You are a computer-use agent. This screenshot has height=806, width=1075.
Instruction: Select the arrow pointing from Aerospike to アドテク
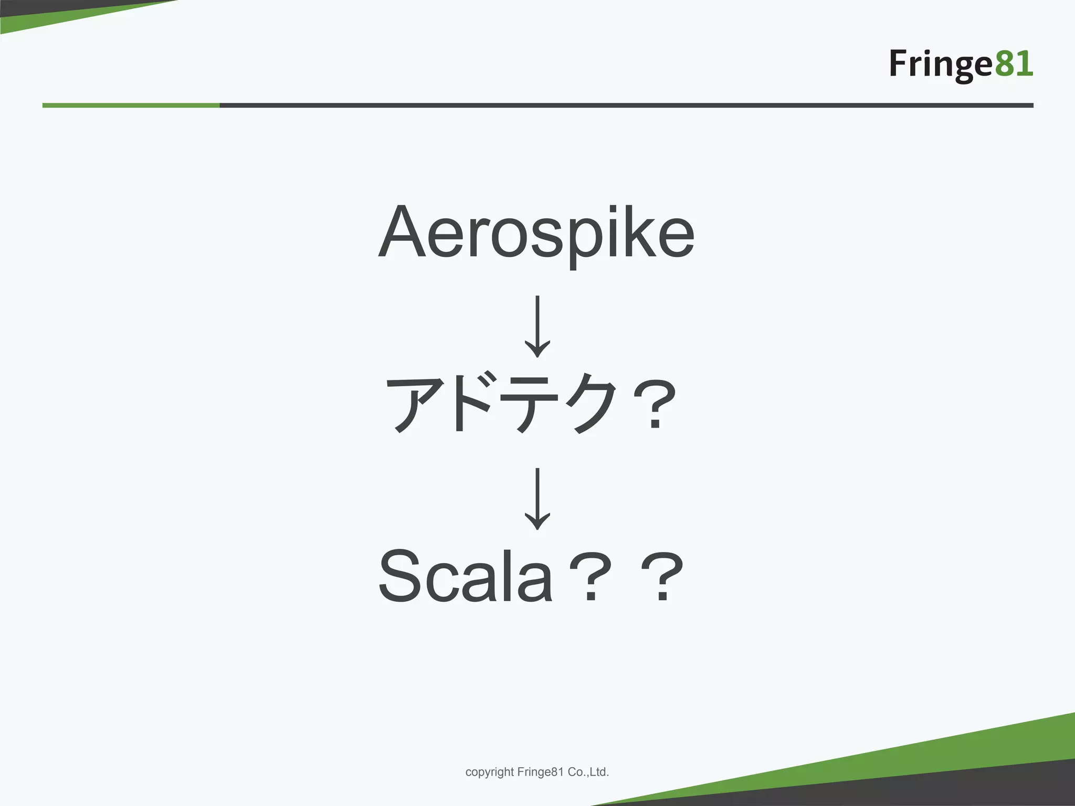[x=537, y=325]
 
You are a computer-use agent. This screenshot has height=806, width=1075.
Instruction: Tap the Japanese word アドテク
[x=501, y=403]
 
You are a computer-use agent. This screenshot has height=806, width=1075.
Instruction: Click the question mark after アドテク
[x=654, y=404]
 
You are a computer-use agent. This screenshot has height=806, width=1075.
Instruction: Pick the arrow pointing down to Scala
[x=537, y=498]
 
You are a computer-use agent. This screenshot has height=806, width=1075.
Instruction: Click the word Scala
[x=465, y=576]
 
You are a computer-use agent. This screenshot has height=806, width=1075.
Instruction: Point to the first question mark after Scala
[x=591, y=577]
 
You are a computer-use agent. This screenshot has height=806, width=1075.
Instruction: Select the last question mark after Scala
[x=662, y=577]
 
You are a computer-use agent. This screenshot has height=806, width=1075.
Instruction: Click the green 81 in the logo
[x=1014, y=64]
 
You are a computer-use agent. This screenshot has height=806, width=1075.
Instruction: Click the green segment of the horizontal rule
[x=131, y=105]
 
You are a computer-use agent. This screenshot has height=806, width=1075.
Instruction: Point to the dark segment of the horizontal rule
[x=625, y=105]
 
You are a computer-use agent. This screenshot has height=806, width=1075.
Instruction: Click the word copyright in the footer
[x=489, y=772]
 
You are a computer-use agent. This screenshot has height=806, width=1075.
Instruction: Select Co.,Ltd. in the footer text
[x=588, y=772]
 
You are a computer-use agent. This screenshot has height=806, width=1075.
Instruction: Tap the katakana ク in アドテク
[x=595, y=403]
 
